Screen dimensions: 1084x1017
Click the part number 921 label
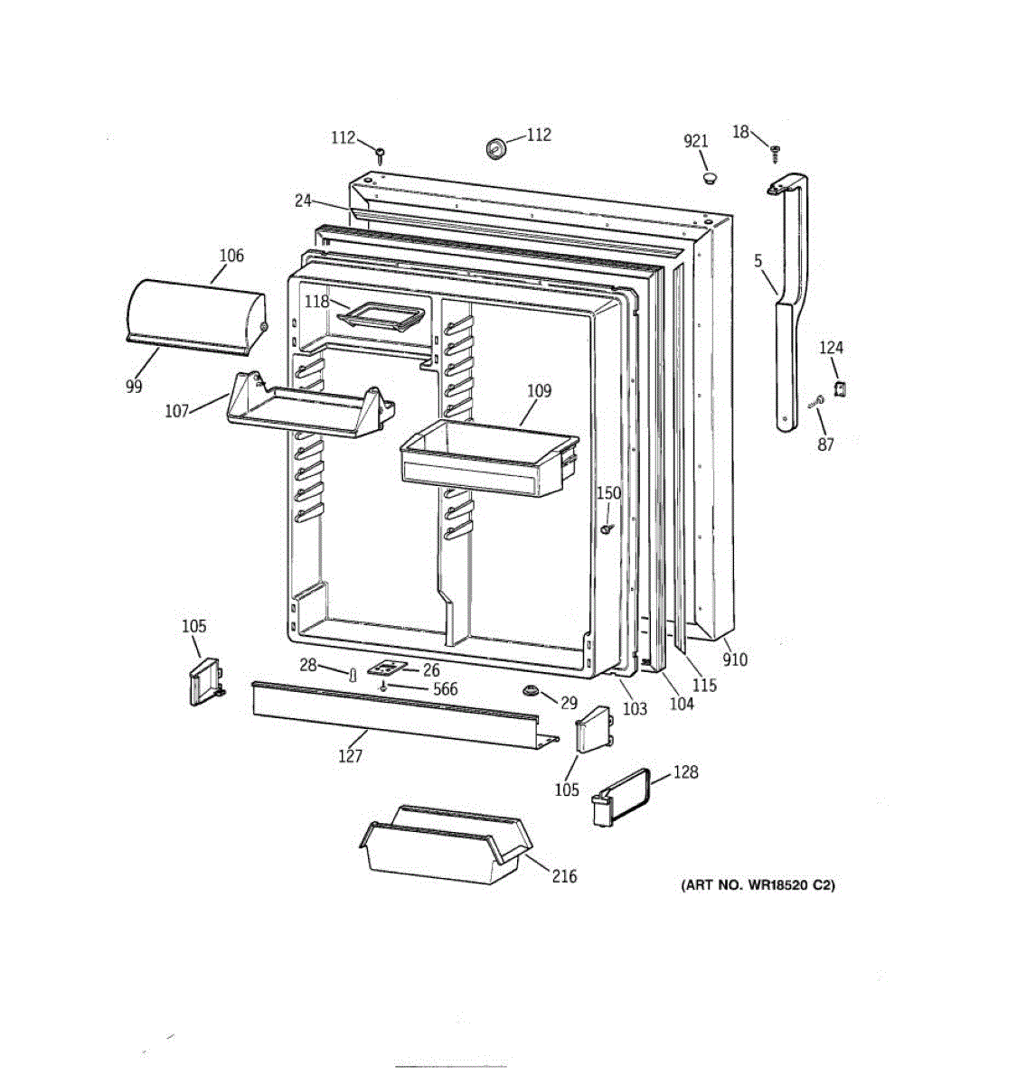tap(695, 141)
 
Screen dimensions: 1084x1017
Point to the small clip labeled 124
tap(839, 388)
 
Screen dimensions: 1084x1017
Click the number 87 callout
tap(826, 444)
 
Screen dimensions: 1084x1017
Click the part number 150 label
tap(608, 492)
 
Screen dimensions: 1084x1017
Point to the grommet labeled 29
tap(530, 691)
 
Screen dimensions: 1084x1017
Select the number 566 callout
tap(446, 689)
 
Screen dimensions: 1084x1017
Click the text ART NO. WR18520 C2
tap(758, 885)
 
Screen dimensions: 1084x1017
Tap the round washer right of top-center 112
tap(495, 147)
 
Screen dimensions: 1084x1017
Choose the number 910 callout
tap(735, 659)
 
